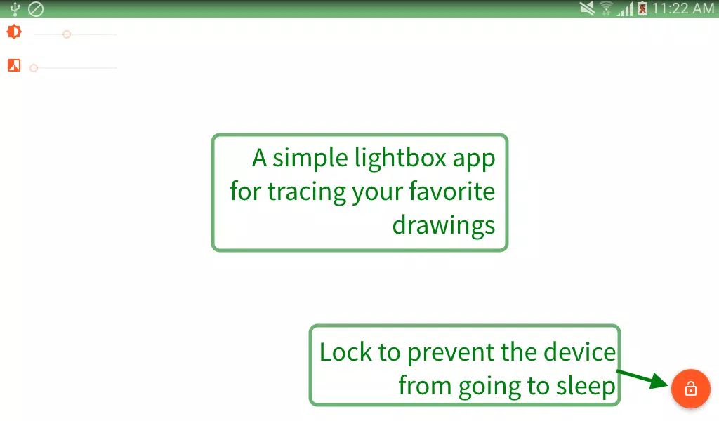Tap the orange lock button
coord(691,388)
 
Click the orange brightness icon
coord(14,32)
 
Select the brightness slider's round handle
coord(67,34)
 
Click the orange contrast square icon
coord(14,66)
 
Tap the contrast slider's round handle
coord(34,68)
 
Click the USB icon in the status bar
coord(15,9)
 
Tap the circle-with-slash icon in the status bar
coord(35,9)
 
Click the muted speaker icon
coord(588,8)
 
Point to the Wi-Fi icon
coord(606,8)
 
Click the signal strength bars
coord(624,8)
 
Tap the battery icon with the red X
coord(642,8)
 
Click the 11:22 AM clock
coord(682,8)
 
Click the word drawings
coord(444,225)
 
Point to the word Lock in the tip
coord(345,352)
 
